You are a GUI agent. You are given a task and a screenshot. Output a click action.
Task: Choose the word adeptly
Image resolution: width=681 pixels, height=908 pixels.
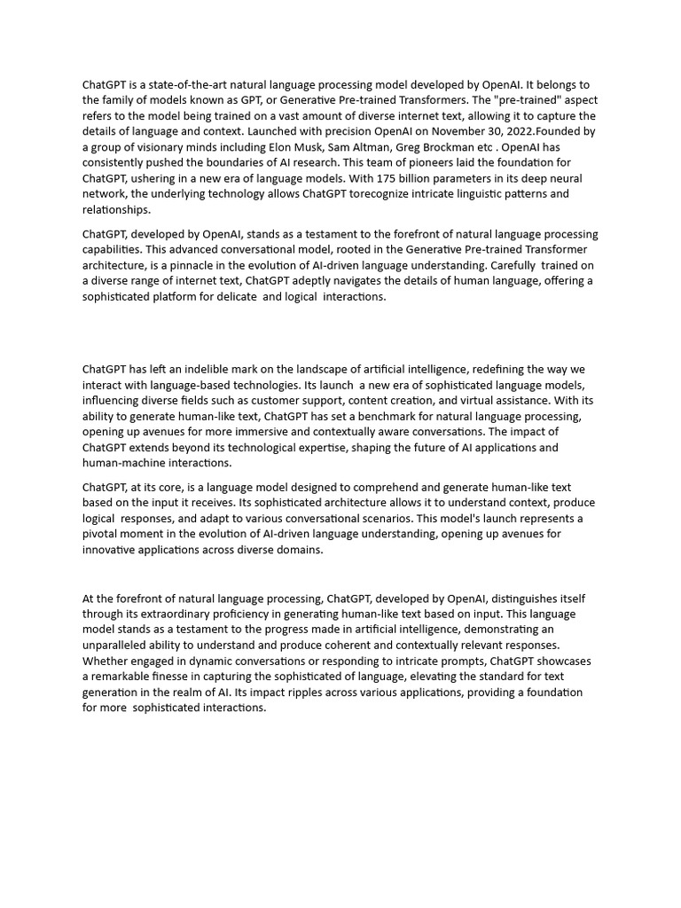coord(314,281)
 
